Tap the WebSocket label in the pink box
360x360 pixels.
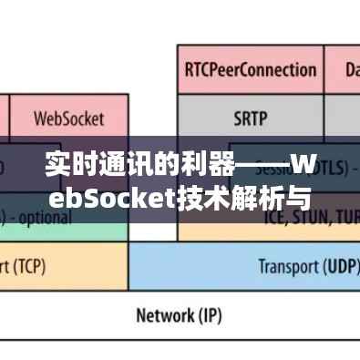click(68, 118)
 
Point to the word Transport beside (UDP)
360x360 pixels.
click(284, 266)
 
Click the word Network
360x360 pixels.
click(163, 316)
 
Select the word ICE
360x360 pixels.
click(273, 220)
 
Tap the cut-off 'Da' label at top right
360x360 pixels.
click(351, 68)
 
